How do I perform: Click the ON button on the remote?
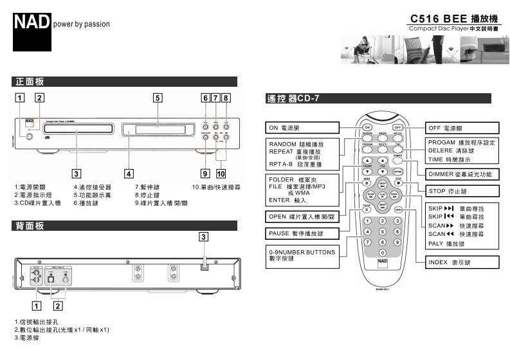click(x=367, y=127)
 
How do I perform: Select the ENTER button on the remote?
click(x=397, y=172)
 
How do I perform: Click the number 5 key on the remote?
click(x=383, y=231)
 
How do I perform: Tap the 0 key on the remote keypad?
click(x=383, y=253)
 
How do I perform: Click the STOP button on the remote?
click(x=397, y=182)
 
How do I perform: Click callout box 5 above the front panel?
click(x=157, y=98)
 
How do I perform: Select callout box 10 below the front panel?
click(x=221, y=173)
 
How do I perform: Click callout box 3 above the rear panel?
click(x=203, y=237)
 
